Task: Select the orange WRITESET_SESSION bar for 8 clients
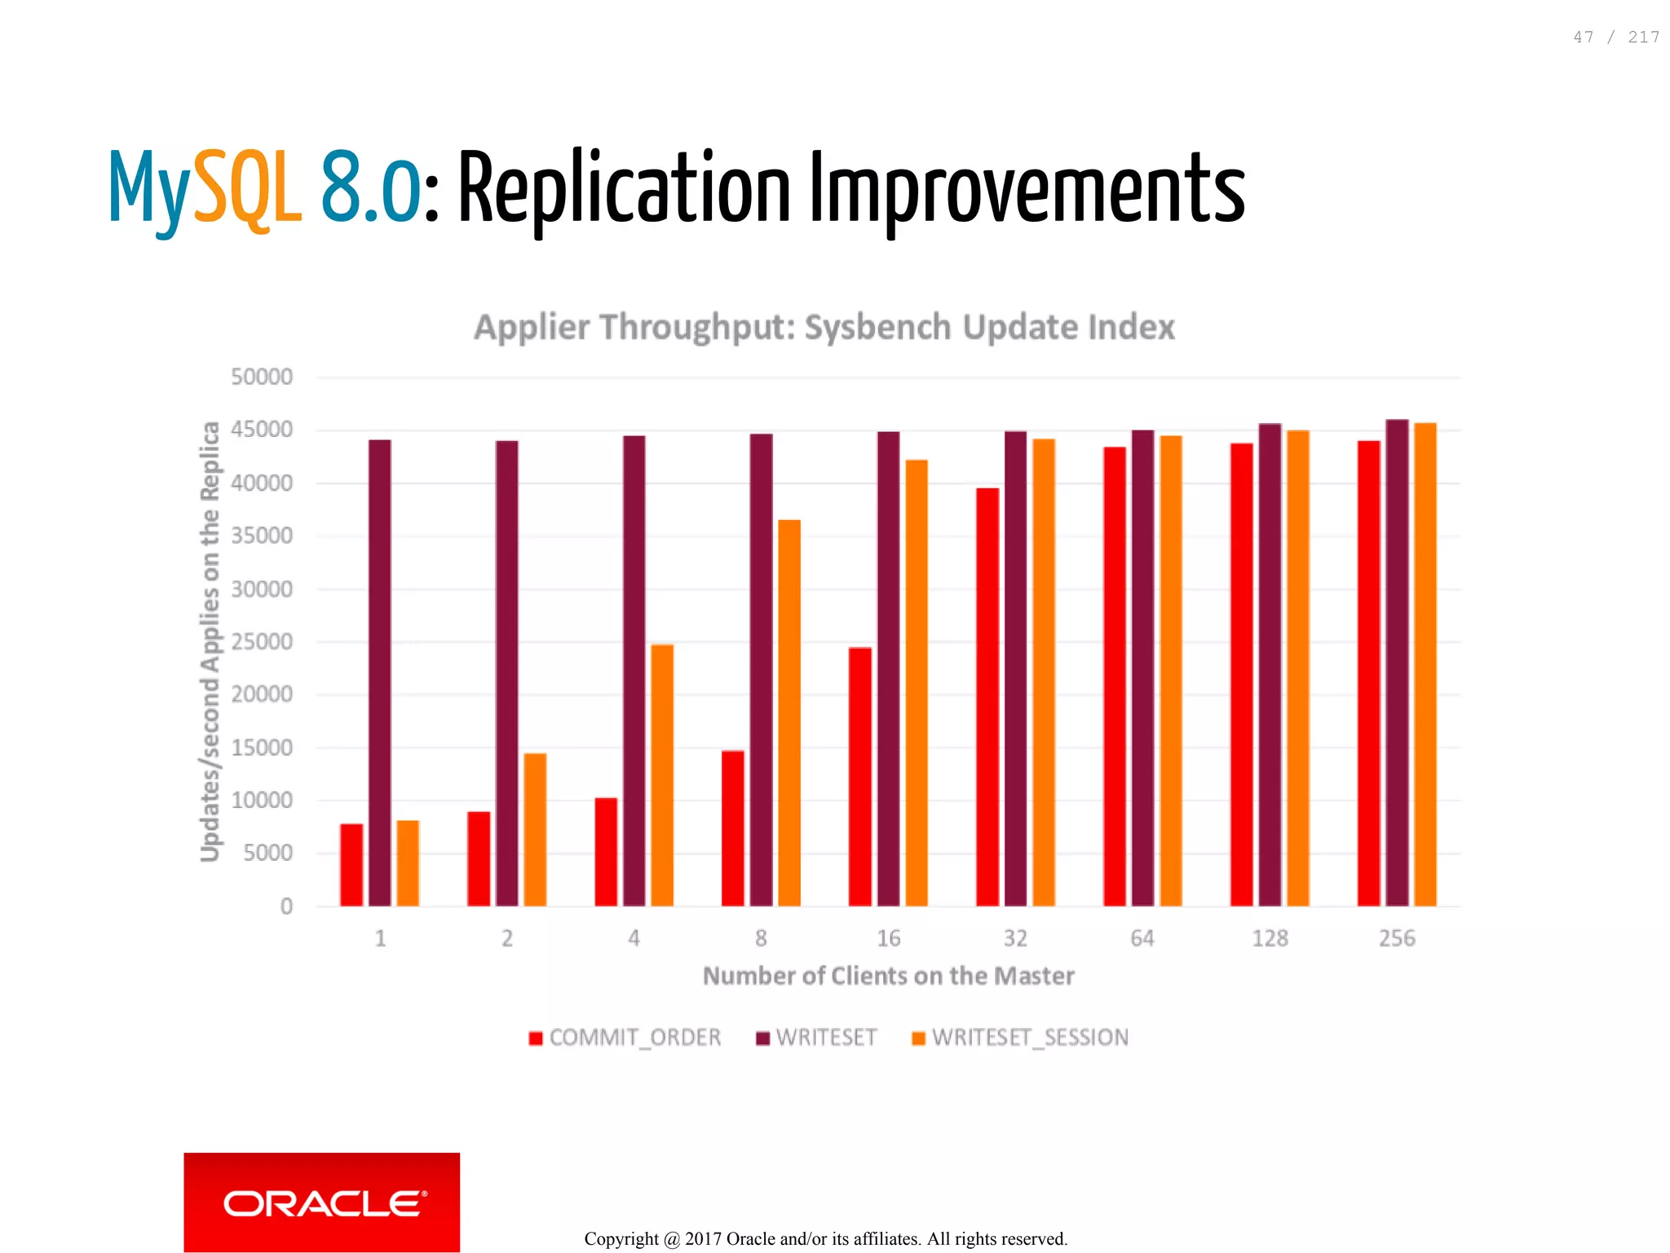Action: coord(789,713)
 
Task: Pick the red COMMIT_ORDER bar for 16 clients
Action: coord(859,776)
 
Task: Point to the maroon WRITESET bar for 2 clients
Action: coord(506,673)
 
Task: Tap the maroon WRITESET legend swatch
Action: coord(763,1039)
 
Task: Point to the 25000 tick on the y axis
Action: coord(261,642)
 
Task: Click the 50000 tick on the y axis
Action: coord(261,377)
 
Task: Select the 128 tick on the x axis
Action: coord(1270,938)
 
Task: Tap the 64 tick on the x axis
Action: coord(1142,938)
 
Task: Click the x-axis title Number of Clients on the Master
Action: coord(888,976)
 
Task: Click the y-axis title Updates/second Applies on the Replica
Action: coord(210,641)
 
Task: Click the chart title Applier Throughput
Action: coord(824,327)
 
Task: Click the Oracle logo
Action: coord(321,1202)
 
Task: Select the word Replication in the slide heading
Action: coord(625,189)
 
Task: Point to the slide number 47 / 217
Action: coord(1615,38)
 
